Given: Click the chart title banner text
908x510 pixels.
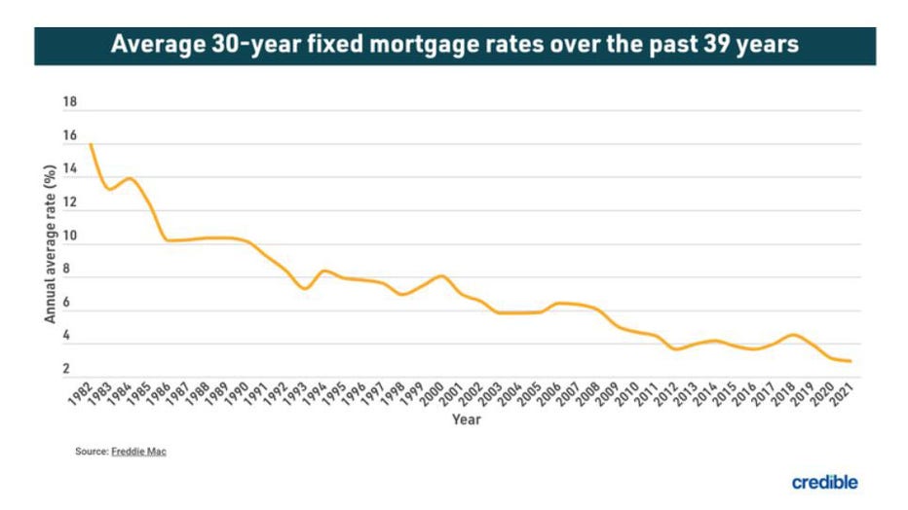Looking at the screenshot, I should pyautogui.click(x=454, y=46).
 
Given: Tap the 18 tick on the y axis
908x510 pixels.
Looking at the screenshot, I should pyautogui.click(x=69, y=103).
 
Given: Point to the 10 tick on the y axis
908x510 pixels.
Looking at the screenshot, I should pyautogui.click(x=69, y=237).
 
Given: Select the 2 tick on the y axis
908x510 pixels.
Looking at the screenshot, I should pyautogui.click(x=66, y=369).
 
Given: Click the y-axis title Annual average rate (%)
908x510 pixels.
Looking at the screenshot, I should pyautogui.click(x=49, y=243).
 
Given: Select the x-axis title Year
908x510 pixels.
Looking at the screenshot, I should pyautogui.click(x=465, y=420).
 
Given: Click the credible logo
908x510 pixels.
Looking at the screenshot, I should pyautogui.click(x=824, y=482).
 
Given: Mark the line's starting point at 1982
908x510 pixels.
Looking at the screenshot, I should pyautogui.click(x=91, y=145).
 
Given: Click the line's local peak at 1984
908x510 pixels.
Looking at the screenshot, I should pyautogui.click(x=130, y=178).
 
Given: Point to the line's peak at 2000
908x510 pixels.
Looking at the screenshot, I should pyautogui.click(x=441, y=275).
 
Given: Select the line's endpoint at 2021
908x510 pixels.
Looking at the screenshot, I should pyautogui.click(x=851, y=361).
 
